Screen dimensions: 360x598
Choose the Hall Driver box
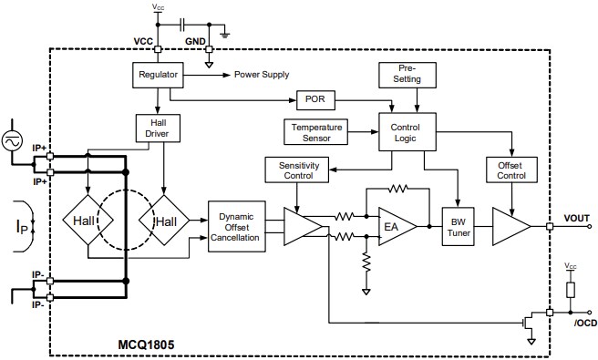coord(157,129)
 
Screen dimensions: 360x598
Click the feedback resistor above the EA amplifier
coord(397,190)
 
